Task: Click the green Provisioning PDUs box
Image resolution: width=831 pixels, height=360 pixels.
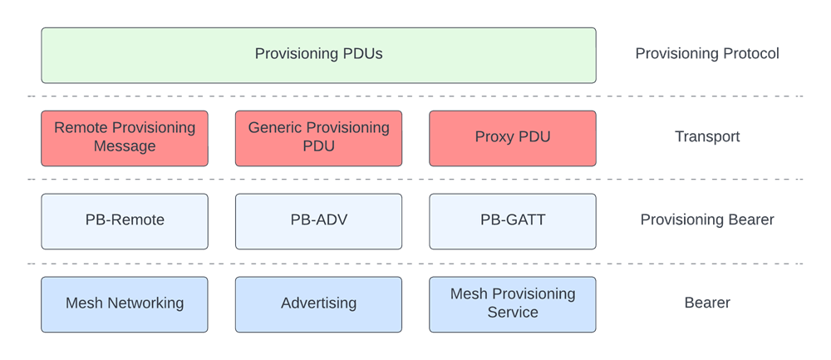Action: coord(318,55)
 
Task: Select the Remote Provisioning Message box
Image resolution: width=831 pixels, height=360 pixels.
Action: coord(125,138)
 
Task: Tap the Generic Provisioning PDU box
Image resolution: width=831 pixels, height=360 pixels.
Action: coord(318,138)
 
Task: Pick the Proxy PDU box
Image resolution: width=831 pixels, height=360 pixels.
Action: coord(513,138)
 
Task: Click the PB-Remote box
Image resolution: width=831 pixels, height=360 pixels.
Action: coord(125,221)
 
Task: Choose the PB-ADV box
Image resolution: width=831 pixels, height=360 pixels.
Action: coord(318,221)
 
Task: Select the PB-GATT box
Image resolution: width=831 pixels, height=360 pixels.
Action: coord(513,221)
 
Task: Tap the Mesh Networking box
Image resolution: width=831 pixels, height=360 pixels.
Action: coord(125,304)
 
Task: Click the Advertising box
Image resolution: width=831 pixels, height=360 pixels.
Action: coord(318,304)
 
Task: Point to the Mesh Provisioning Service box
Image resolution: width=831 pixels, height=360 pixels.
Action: coord(513,304)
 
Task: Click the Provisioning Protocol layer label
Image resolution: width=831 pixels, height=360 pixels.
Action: coord(706,54)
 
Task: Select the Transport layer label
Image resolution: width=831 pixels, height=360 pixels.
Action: coord(706,137)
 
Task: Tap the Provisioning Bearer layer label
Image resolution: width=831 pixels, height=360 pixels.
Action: coord(706,220)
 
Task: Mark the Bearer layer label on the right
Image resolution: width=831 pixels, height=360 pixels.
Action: coord(706,303)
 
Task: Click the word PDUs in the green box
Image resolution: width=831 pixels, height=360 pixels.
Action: coord(362,55)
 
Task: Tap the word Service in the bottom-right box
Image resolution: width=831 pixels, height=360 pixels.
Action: coord(513,313)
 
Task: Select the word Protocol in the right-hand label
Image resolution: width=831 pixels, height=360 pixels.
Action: coord(751,54)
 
